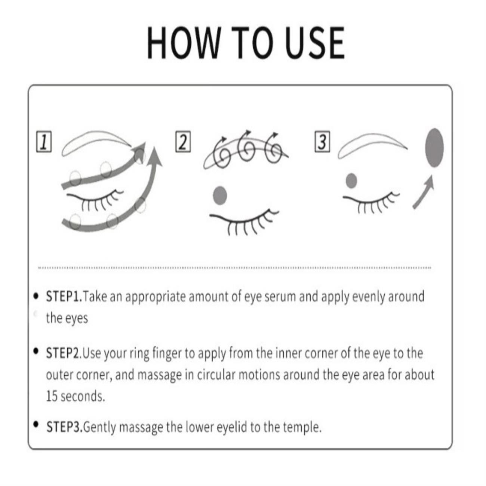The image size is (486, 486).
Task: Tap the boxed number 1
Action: (x=44, y=142)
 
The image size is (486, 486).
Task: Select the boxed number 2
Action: (x=183, y=142)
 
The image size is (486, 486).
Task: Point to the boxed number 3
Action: (x=322, y=142)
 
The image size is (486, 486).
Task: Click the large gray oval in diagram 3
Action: (x=434, y=148)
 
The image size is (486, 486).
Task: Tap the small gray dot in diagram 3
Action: (x=351, y=181)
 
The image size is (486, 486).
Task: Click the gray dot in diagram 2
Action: (x=220, y=195)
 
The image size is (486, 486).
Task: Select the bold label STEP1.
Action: (x=64, y=296)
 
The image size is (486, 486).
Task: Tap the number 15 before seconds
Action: (x=52, y=396)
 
